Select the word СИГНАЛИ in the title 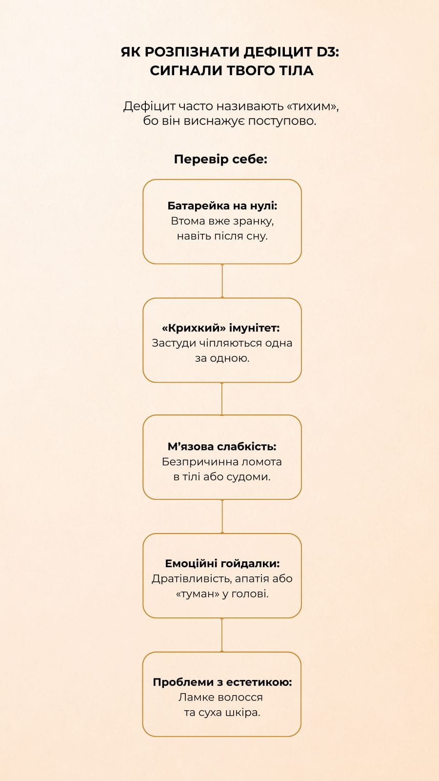click(186, 71)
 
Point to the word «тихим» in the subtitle click(312, 106)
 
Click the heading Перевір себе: click(220, 159)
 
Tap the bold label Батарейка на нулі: click(222, 206)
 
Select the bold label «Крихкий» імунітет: click(221, 328)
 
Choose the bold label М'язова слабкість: click(222, 446)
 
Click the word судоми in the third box click(248, 476)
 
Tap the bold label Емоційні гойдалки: click(222, 563)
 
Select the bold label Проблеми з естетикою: click(222, 682)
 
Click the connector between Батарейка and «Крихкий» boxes click(222, 281)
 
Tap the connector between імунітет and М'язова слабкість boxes click(222, 399)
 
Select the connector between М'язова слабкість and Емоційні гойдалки click(222, 516)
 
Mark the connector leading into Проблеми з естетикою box click(222, 635)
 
